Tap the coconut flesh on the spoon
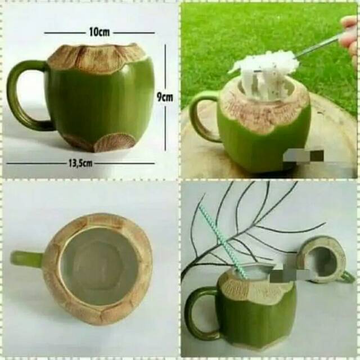[264, 63]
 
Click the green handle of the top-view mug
[25, 259]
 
